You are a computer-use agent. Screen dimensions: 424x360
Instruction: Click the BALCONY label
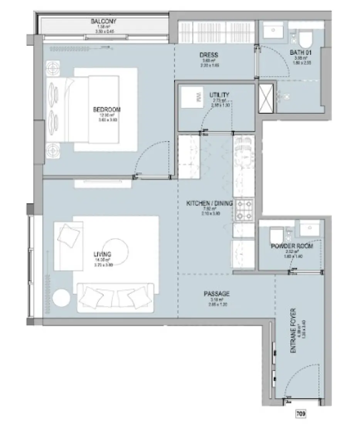(103, 21)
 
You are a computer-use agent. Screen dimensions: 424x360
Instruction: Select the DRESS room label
(209, 55)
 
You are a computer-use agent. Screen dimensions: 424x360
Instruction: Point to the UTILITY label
(219, 95)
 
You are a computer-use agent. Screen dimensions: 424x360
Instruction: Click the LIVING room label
(102, 254)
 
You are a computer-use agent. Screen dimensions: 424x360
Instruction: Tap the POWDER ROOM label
(292, 246)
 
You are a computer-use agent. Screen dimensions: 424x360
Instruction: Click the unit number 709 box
(301, 414)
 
